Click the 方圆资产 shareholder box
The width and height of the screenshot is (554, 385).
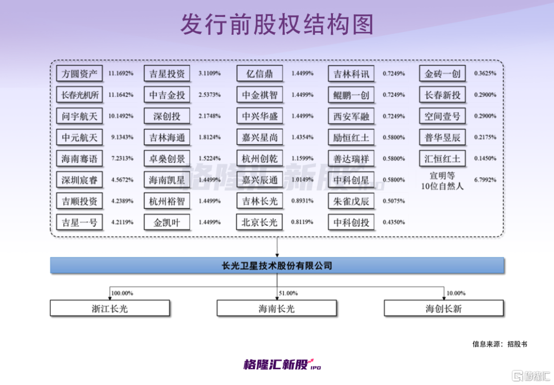[x=80, y=74]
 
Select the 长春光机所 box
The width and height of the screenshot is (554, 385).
[x=80, y=95]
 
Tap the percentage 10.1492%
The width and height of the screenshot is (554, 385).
[x=121, y=116]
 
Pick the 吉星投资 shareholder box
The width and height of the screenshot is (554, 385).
[x=167, y=74]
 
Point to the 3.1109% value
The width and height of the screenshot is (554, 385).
[x=209, y=74]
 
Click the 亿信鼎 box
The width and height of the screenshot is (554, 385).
[x=260, y=74]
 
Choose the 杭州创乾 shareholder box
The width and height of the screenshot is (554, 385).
[x=260, y=159]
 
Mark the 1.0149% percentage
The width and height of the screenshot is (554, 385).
[x=303, y=180]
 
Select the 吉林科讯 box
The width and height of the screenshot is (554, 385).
[x=351, y=74]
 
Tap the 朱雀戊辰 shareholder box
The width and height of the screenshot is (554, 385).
[x=351, y=201]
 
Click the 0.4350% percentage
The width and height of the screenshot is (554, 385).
[x=393, y=223]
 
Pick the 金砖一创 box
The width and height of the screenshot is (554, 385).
[x=443, y=74]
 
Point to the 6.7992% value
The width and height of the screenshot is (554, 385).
[x=485, y=180]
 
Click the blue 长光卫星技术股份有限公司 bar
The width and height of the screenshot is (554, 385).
[x=277, y=266]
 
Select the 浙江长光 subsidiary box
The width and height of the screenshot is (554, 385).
[x=110, y=309]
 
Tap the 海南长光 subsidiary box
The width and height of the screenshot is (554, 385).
[x=277, y=309]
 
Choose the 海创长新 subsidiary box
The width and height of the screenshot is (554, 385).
[x=444, y=309]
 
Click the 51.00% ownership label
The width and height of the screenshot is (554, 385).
[x=288, y=293]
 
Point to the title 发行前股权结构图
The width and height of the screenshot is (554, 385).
[x=277, y=25]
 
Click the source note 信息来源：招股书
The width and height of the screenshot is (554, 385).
[x=500, y=344]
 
